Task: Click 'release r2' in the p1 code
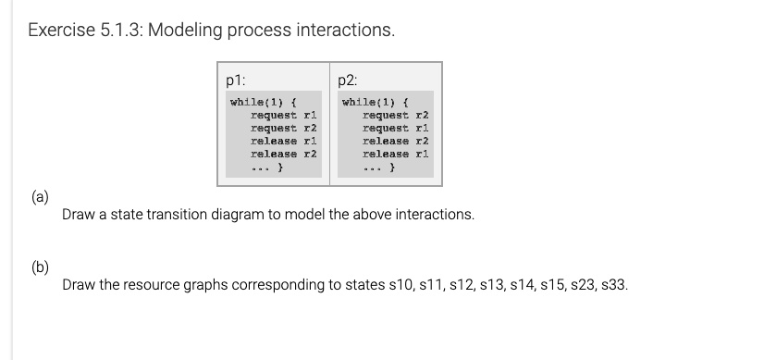coord(284,154)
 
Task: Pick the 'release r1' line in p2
coord(397,154)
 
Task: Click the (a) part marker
coord(41,196)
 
